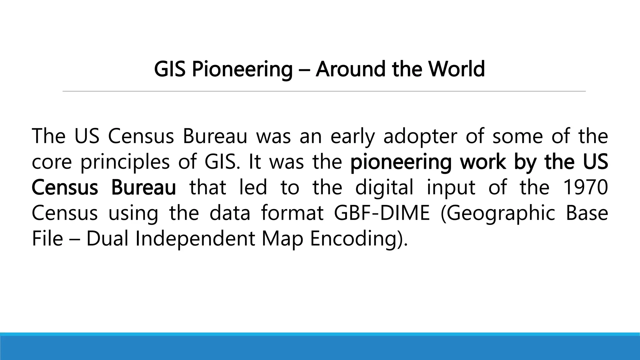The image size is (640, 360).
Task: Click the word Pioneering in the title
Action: [242, 69]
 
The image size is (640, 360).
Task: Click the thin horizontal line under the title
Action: [324, 91]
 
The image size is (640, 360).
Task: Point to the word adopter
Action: [420, 137]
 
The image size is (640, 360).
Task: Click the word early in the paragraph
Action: [352, 137]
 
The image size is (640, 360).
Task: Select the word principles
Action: [125, 162]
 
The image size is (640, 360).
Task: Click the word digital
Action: [384, 187]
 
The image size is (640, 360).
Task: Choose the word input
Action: [451, 187]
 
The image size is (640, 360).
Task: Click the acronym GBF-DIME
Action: [382, 213]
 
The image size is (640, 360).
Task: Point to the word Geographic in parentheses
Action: [498, 213]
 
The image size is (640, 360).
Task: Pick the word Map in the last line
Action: [282, 239]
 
